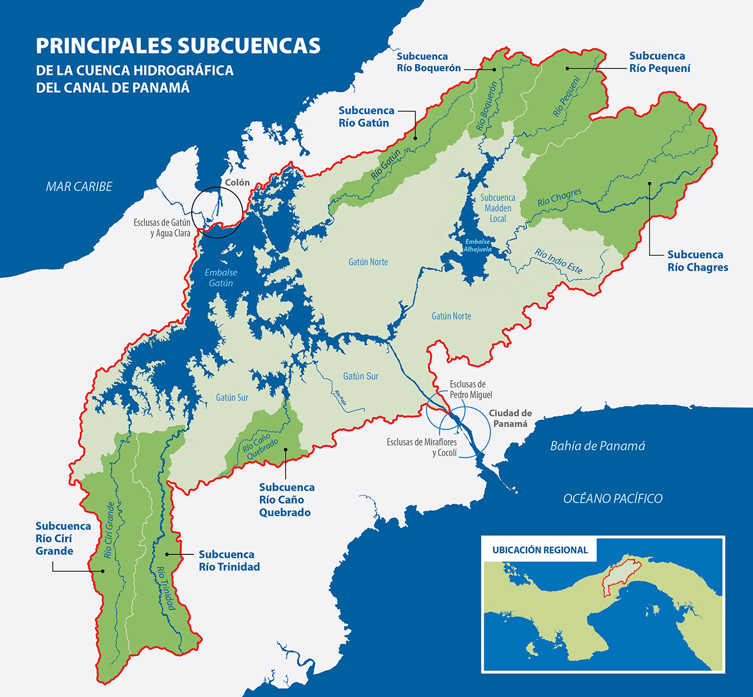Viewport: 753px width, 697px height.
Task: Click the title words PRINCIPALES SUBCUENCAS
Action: pos(178,46)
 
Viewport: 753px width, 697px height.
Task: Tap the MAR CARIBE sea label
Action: pos(79,187)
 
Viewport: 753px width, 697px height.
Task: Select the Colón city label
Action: pos(237,182)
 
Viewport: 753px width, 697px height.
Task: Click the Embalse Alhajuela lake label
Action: pos(477,245)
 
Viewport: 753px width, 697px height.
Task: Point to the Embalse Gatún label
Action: pos(221,278)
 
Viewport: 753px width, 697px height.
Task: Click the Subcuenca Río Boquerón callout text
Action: pos(429,62)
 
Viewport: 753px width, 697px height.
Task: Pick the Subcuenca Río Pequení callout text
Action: pos(660,62)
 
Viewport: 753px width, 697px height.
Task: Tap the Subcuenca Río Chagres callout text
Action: pos(697,261)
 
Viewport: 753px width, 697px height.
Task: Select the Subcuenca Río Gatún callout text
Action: pos(366,117)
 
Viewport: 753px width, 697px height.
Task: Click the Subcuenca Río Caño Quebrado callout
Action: pos(287,500)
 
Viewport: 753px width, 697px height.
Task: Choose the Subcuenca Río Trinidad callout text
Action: pos(229,561)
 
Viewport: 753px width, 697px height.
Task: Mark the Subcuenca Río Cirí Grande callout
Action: pos(63,538)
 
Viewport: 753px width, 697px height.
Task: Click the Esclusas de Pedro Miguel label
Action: pos(470,390)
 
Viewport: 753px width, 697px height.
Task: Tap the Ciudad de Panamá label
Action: pos(510,418)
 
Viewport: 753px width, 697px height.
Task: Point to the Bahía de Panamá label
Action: pos(597,446)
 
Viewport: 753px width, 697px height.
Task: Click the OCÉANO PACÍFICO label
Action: pos(613,498)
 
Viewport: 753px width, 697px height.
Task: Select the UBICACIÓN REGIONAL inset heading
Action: pos(540,550)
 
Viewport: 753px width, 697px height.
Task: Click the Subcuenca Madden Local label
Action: pos(498,208)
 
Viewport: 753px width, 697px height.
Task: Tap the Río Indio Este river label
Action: pos(558,262)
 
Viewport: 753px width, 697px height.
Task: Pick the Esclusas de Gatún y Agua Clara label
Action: pos(162,228)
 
